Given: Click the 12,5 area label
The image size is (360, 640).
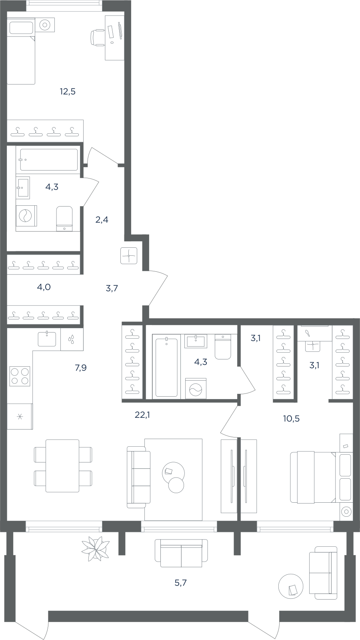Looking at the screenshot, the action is [x=68, y=92].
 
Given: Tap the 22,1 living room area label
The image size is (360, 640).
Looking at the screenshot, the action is [x=142, y=415].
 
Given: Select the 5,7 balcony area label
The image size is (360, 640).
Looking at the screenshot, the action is [x=181, y=583].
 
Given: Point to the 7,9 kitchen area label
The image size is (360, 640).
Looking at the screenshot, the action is [x=81, y=368].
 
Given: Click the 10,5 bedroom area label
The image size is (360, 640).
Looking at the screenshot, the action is [x=291, y=419].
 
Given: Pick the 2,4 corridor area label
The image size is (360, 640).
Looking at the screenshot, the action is [x=102, y=220].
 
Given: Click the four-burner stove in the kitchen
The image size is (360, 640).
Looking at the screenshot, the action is [x=20, y=376].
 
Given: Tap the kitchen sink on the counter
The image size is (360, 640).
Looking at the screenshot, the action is [x=47, y=339].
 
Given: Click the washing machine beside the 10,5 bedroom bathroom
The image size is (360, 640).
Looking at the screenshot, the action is [x=196, y=388].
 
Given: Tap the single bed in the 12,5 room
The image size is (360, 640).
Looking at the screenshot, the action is [x=21, y=51].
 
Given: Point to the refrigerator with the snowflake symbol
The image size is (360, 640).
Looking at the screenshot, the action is [x=20, y=416].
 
